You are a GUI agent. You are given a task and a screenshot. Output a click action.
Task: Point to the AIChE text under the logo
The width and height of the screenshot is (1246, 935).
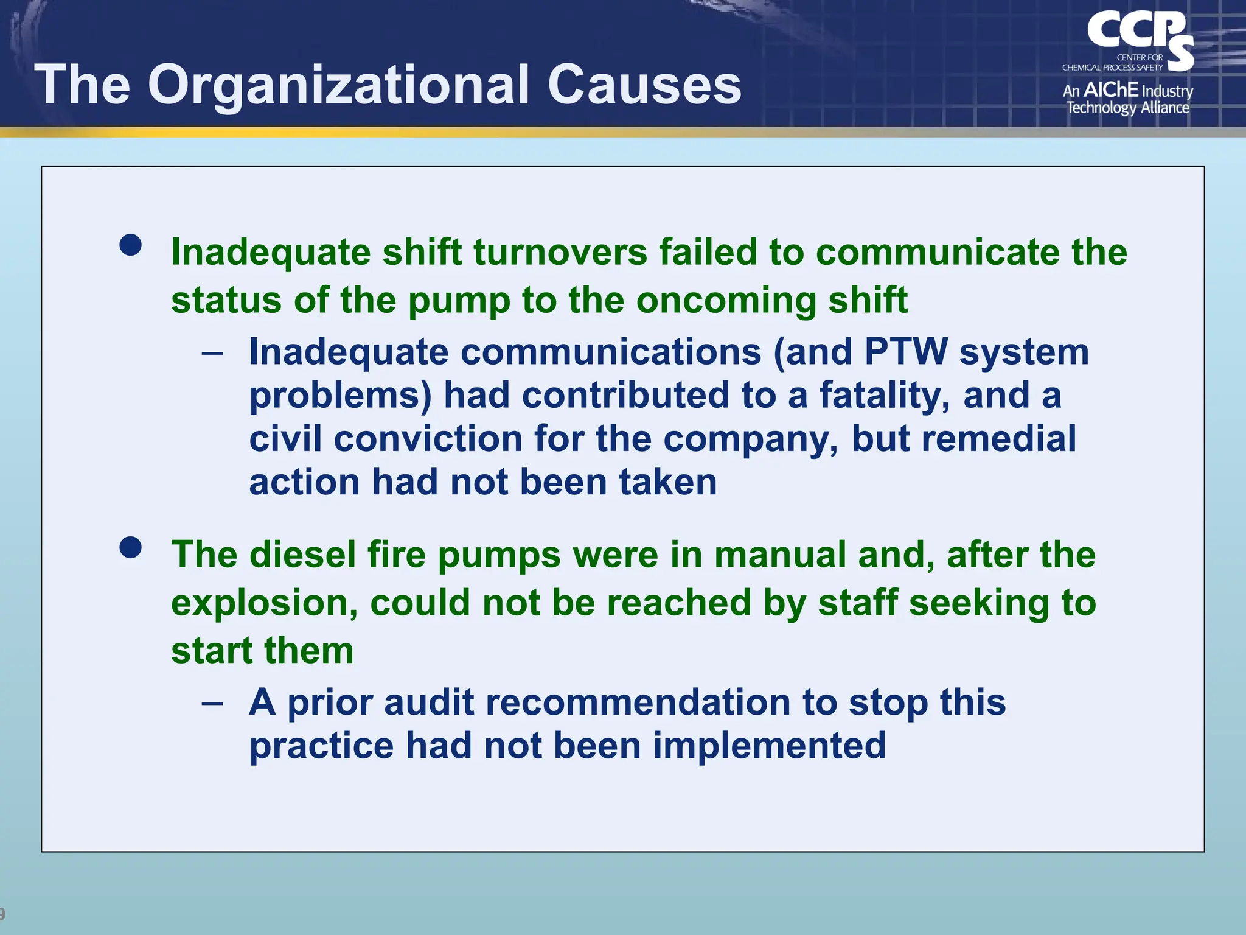point(1111,90)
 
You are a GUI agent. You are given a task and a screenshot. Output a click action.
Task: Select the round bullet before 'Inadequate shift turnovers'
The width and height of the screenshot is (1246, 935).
point(131,245)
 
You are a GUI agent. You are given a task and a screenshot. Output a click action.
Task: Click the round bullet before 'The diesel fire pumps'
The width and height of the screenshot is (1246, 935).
point(131,547)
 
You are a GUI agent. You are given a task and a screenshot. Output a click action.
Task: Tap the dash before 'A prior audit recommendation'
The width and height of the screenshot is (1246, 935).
point(212,704)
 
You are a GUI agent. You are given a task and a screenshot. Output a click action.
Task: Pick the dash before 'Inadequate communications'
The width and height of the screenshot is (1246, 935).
point(212,353)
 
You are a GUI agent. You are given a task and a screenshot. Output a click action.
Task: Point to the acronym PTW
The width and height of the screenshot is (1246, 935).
point(906,352)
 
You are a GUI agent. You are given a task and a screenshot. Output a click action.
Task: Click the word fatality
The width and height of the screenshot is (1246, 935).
point(885,396)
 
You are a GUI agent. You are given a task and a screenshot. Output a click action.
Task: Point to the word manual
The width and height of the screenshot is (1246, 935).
point(780,555)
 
